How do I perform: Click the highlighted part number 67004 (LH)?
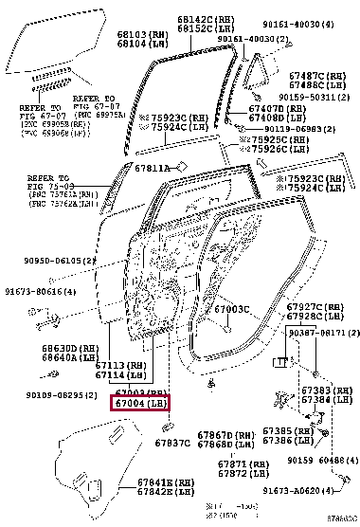141,404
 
